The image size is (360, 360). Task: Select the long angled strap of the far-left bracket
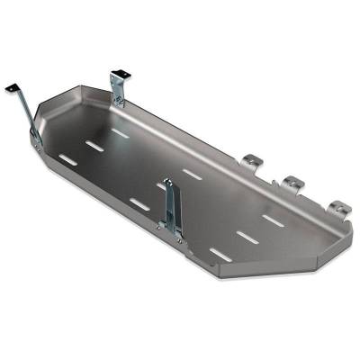28,112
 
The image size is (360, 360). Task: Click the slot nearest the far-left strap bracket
67,162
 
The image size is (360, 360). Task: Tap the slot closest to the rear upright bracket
120,131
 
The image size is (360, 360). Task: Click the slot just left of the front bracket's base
139,203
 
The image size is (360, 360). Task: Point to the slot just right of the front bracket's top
192,171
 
